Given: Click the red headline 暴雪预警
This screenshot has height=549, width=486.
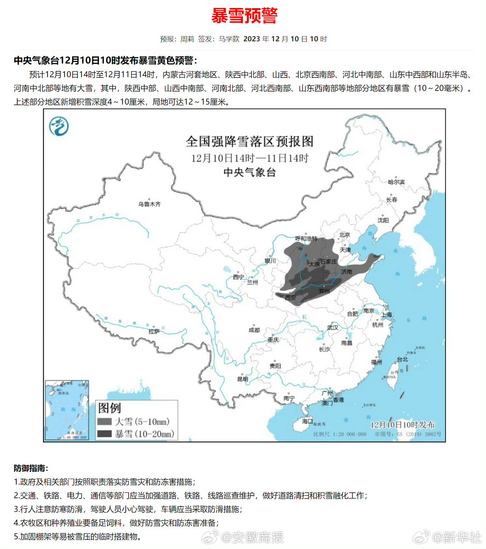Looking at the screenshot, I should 244,16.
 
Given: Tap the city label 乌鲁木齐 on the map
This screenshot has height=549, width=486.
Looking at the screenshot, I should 150,204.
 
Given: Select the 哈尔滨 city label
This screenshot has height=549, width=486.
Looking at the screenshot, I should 396,182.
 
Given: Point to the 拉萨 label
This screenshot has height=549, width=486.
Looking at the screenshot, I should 154,331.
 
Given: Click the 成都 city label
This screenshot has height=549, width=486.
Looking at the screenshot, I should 254,330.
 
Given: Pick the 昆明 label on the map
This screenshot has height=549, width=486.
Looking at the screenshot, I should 243,379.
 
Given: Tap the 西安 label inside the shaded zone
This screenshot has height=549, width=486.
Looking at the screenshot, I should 290,298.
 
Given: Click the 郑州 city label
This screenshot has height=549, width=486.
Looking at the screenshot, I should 324,291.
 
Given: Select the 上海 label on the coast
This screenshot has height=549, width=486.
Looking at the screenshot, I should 387,315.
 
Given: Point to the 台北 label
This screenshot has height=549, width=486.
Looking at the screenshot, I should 402,359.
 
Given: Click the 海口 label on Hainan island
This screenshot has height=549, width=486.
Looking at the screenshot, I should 307,421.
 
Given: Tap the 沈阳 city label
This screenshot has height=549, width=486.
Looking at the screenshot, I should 383,220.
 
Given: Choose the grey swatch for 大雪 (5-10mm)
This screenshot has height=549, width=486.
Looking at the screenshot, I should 105,422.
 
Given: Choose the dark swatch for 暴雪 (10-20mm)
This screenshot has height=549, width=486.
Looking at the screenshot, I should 105,434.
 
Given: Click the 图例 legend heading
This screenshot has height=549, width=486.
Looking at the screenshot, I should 109,408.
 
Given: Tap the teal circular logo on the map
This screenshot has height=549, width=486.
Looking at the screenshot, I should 59,126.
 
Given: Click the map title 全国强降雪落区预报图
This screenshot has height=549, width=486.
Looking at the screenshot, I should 250,142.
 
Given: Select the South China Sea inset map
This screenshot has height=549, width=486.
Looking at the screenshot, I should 67,410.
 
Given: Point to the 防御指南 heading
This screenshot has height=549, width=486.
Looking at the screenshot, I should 31,468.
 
